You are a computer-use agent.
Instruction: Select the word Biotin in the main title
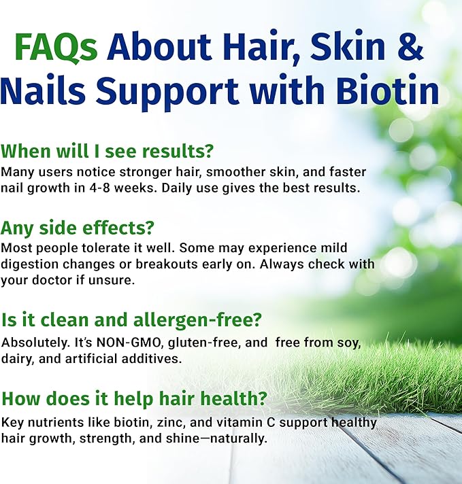pos(391,91)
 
